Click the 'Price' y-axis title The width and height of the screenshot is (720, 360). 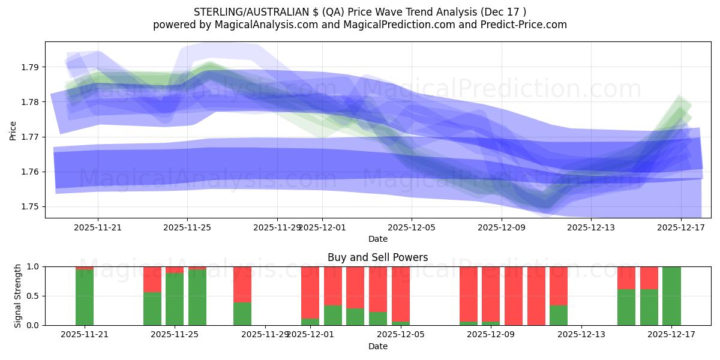(13, 130)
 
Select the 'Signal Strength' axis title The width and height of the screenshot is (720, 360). (18, 296)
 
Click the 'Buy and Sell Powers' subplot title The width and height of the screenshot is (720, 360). (377, 257)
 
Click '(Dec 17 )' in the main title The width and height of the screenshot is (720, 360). (505, 12)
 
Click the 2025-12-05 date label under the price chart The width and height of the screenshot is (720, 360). (412, 227)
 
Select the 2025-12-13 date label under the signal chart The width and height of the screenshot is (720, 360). (582, 335)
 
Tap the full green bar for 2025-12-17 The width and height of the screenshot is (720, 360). (671, 296)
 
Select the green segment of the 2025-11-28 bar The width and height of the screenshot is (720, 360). (242, 314)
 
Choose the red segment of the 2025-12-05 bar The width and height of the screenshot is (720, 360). (401, 294)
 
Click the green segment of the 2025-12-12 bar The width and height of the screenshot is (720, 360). (559, 315)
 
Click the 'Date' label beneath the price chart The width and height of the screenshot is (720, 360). (377, 239)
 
